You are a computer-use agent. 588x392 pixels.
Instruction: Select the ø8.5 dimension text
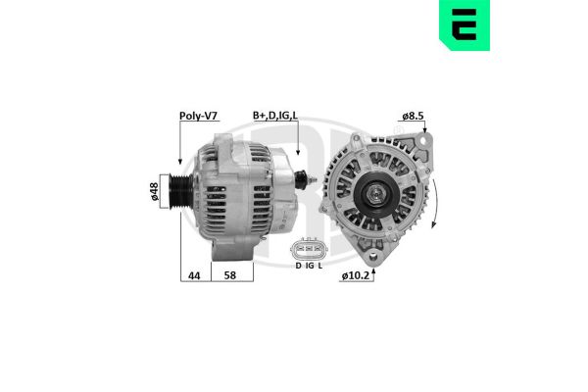click(413, 116)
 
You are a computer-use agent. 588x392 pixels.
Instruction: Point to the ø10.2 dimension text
click(358, 275)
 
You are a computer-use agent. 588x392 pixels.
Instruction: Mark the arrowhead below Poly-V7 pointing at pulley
click(179, 159)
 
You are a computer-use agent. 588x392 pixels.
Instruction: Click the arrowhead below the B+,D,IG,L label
click(294, 153)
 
